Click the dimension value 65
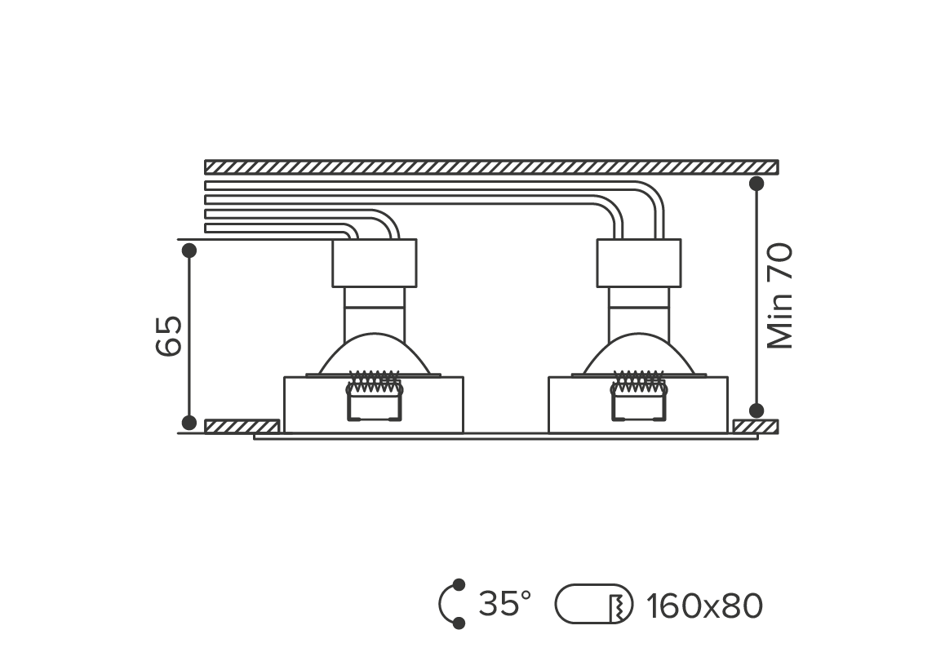(x=169, y=335)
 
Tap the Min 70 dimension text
(x=780, y=295)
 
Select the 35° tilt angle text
(x=505, y=604)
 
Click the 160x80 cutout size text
(x=704, y=606)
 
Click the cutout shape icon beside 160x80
(x=593, y=604)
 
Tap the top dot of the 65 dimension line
(x=189, y=251)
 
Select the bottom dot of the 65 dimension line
(x=189, y=423)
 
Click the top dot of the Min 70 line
(x=756, y=184)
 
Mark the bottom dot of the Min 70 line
(x=756, y=411)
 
